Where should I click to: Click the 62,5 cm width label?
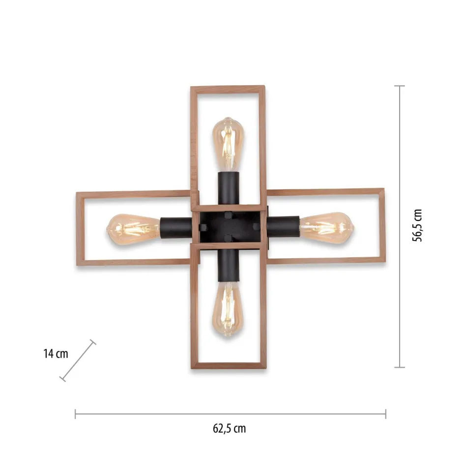click(229, 429)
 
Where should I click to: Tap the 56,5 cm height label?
click(417, 225)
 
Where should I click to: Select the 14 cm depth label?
click(56, 353)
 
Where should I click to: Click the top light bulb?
click(229, 144)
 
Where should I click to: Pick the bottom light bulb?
click(228, 309)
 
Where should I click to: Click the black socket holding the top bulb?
click(229, 188)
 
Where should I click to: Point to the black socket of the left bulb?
click(176, 228)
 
